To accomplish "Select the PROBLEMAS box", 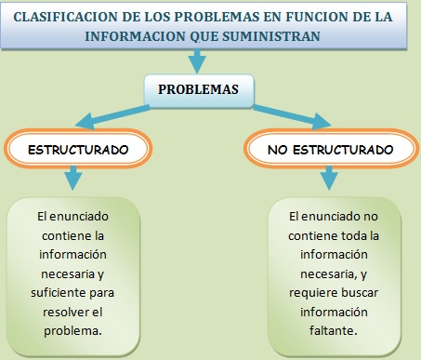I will coord(198,89).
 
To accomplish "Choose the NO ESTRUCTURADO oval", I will coord(329,149).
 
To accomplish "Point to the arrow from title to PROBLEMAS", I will coord(197,61).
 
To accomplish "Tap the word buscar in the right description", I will coord(357,292).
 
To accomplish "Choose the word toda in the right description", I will coord(351,235).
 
